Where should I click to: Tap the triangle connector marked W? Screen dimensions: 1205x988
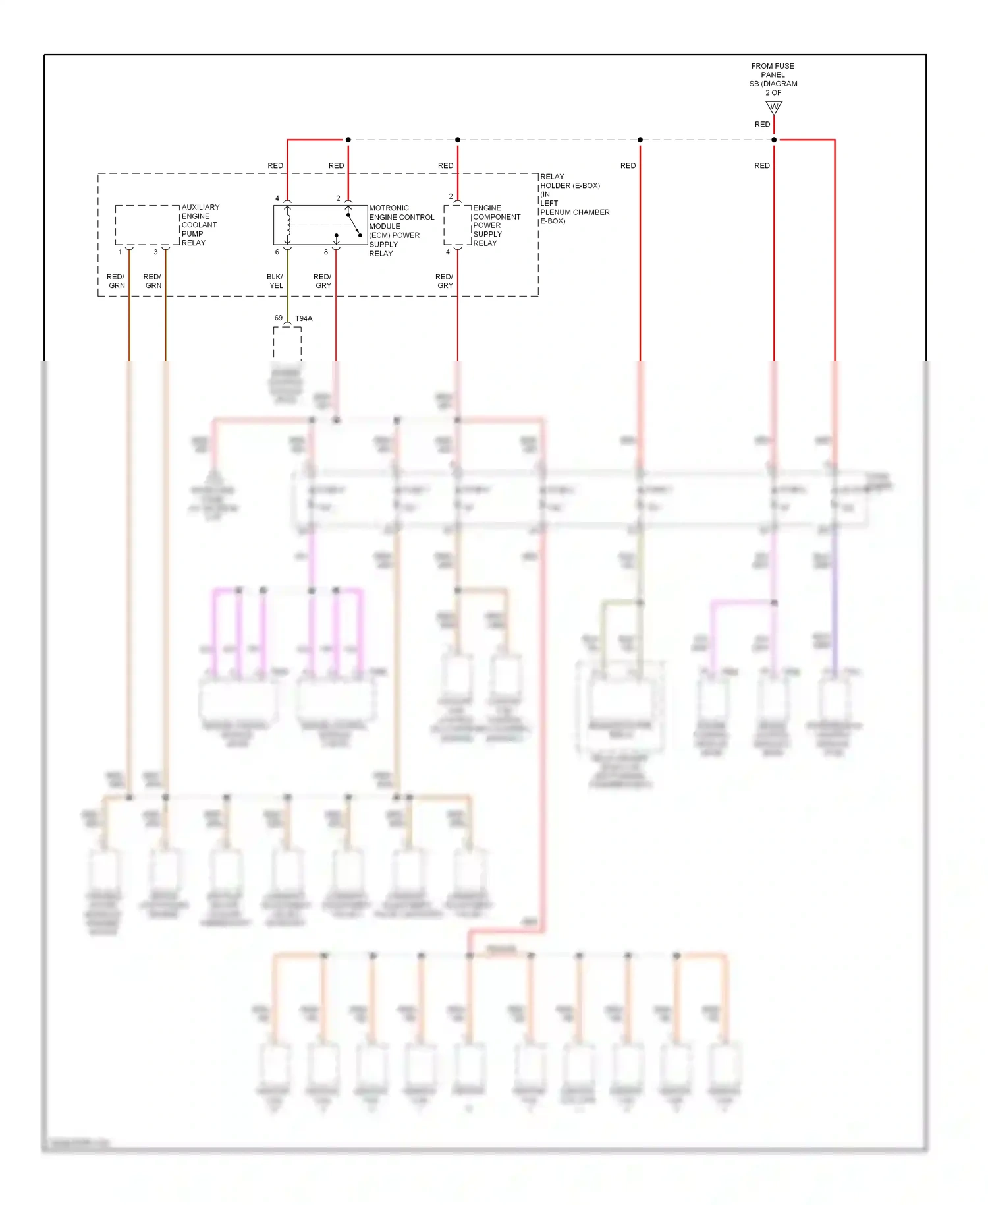774,107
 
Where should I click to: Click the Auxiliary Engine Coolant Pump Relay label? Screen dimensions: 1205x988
200,225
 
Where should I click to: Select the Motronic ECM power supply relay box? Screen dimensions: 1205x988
320,225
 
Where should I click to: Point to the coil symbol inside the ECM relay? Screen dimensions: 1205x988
288,225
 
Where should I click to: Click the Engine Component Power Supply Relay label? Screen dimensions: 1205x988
496,225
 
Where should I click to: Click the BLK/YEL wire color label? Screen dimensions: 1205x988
275,281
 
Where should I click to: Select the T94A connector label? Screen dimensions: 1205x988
304,318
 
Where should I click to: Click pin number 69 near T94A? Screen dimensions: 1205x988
279,318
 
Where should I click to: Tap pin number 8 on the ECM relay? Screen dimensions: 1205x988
326,252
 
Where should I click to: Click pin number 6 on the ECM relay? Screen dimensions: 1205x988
277,252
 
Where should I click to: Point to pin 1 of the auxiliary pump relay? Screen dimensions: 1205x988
120,252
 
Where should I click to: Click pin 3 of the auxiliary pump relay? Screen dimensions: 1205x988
156,252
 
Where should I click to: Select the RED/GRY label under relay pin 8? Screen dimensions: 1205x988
323,281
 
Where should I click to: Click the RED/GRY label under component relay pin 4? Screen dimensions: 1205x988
445,281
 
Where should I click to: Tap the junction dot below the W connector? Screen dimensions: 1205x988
774,140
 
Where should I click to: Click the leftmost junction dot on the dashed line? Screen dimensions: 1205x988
348,140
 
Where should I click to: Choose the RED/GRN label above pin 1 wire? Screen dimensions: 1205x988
116,281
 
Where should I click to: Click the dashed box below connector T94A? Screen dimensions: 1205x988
287,343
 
